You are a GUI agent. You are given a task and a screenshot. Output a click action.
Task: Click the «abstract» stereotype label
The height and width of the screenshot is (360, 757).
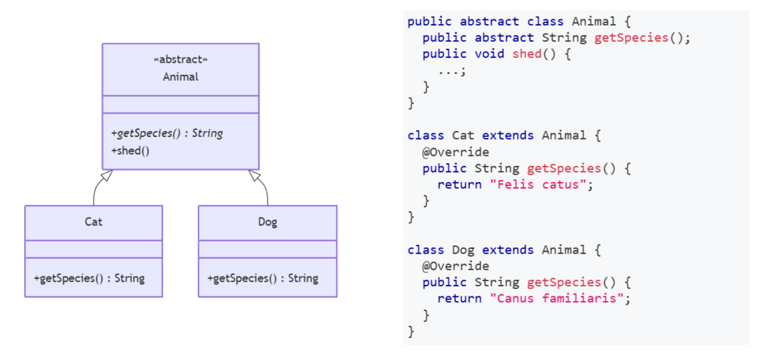click(181, 59)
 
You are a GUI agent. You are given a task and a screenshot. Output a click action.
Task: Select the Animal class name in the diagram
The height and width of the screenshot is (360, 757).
click(181, 76)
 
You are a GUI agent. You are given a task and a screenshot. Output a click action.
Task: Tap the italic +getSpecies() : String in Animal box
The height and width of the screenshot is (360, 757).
click(167, 133)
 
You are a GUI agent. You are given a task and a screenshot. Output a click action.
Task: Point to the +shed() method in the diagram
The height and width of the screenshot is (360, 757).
click(130, 151)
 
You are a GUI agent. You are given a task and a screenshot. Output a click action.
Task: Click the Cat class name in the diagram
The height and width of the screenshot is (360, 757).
click(94, 221)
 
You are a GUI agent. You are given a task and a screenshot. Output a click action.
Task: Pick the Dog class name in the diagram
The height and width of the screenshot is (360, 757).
click(267, 221)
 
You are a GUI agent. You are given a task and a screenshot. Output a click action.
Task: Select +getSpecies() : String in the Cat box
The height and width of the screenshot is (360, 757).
click(89, 278)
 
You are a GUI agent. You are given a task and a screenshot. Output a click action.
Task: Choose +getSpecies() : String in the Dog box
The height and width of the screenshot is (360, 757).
click(263, 278)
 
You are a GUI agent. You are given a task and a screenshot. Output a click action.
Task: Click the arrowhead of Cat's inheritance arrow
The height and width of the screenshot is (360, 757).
click(106, 175)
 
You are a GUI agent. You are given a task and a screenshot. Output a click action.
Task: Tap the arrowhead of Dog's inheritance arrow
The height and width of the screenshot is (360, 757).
click(255, 175)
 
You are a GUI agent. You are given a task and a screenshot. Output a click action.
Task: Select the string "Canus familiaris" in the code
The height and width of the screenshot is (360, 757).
click(560, 298)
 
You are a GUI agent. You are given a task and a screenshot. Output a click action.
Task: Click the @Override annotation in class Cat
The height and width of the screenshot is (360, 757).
click(455, 152)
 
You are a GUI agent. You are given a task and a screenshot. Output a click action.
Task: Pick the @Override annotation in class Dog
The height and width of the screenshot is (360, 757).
click(455, 266)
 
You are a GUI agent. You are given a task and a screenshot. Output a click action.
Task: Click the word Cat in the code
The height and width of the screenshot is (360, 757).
click(463, 136)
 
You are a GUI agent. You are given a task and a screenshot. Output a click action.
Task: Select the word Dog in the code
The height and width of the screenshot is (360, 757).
click(463, 250)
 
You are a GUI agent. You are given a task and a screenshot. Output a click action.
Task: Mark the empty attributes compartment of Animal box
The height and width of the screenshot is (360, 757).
click(181, 104)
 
